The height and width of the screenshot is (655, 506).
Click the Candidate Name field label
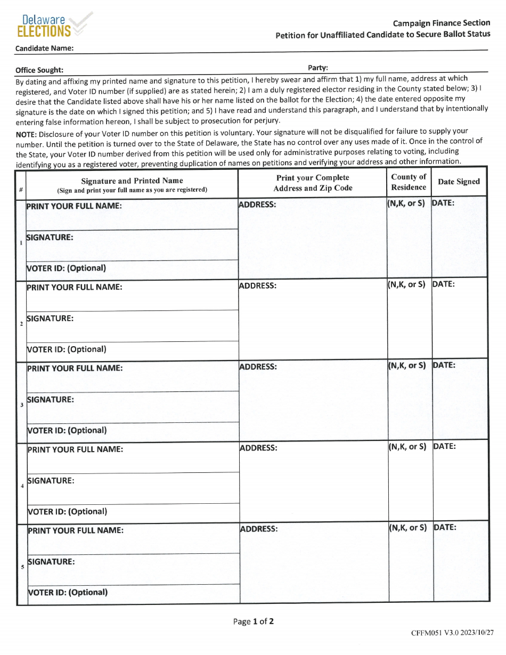pyautogui.click(x=44, y=48)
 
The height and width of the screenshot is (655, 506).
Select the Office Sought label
pyautogui.click(x=39, y=70)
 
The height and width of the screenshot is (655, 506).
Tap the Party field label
pyautogui.click(x=318, y=68)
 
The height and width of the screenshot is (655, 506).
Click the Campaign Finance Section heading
pyautogui.click(x=441, y=23)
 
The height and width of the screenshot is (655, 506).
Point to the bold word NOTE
pyautogui.click(x=26, y=131)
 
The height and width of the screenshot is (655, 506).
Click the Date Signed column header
pyautogui.click(x=459, y=182)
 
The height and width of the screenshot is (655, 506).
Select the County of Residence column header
pyautogui.click(x=409, y=182)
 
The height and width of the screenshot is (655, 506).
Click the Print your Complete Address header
pyautogui.click(x=313, y=183)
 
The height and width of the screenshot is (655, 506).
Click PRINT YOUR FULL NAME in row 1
pyautogui.click(x=74, y=206)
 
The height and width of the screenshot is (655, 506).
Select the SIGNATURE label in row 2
pyautogui.click(x=50, y=318)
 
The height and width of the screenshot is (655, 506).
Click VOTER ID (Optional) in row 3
pyautogui.click(x=67, y=430)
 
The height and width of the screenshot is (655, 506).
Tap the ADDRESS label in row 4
pyautogui.click(x=258, y=448)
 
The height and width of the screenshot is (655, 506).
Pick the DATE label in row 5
pyautogui.click(x=445, y=527)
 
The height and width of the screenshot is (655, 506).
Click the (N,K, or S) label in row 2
pyautogui.click(x=406, y=284)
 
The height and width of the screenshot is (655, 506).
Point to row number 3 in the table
pyautogui.click(x=21, y=405)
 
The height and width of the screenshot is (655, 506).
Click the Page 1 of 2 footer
pyautogui.click(x=253, y=621)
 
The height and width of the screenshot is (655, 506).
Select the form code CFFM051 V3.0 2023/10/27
pyautogui.click(x=452, y=633)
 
